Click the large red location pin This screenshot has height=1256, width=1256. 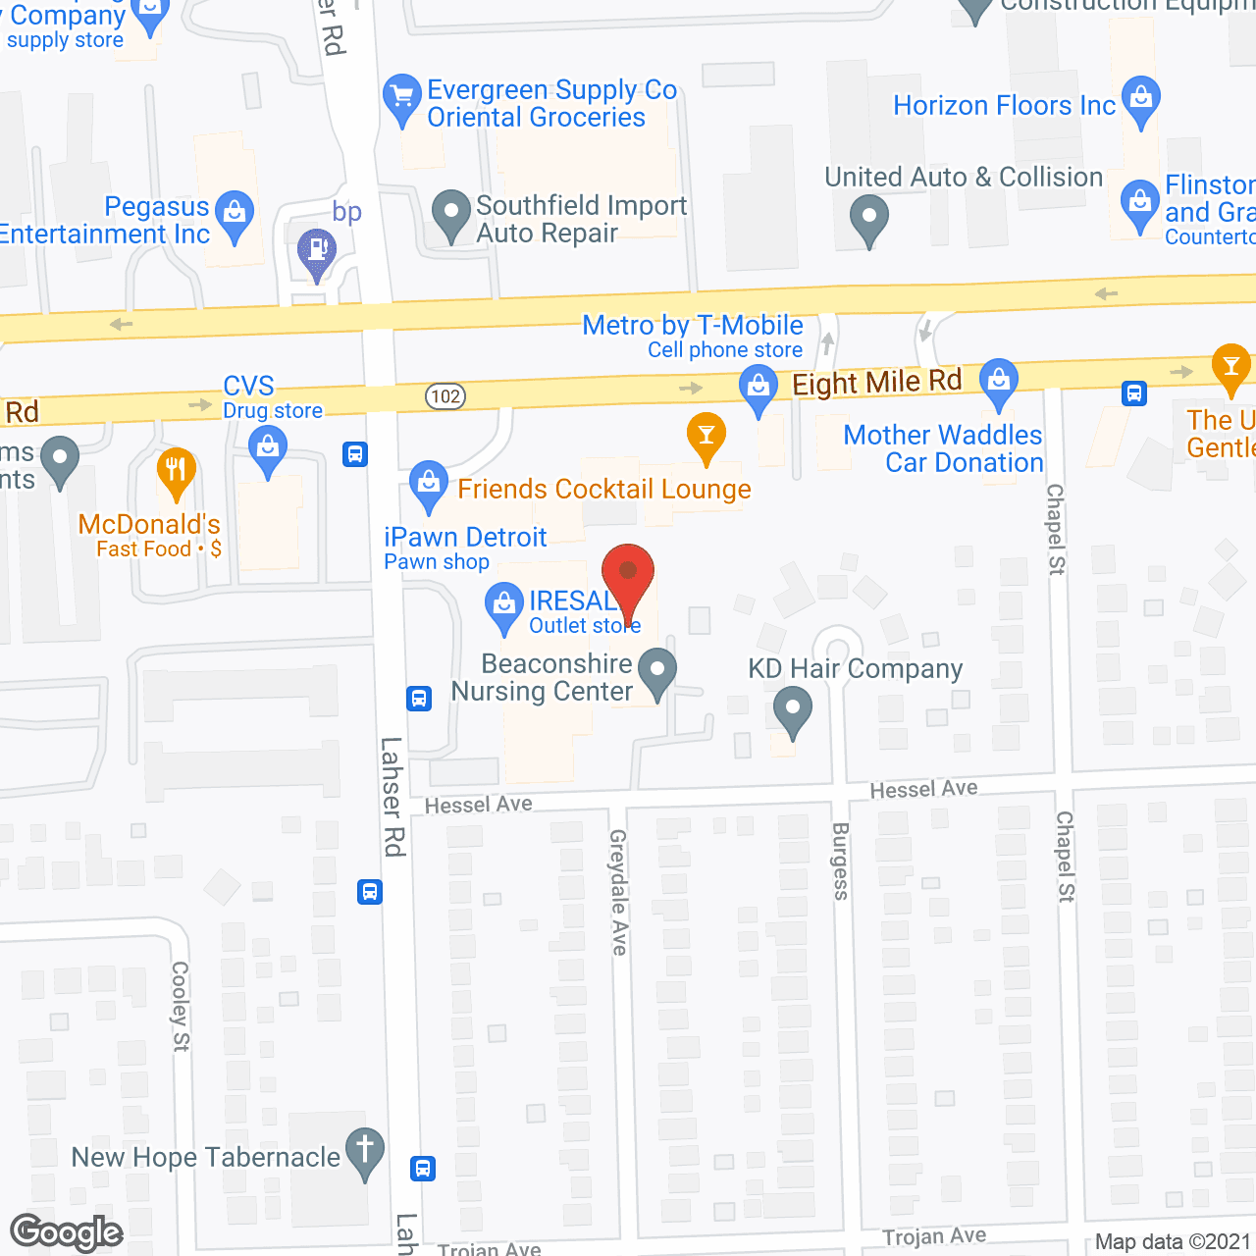627,574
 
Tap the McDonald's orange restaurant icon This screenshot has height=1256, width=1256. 176,470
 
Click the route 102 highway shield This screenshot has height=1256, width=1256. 445,396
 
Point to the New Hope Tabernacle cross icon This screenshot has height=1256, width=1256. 365,1150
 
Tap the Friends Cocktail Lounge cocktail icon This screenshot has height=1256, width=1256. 706,434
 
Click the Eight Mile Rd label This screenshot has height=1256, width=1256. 876,382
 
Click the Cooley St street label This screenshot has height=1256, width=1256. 180,1006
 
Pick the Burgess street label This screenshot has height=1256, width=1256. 841,861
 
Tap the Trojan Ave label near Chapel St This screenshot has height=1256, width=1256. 934,1236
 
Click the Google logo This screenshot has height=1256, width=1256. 67,1232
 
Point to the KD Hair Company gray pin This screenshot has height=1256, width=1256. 792,708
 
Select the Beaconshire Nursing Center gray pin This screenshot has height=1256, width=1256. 657,671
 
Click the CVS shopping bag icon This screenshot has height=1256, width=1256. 267,451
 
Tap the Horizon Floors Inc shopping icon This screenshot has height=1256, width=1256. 1140,99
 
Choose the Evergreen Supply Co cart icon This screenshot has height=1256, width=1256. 401,96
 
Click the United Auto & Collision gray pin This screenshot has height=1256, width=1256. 868,217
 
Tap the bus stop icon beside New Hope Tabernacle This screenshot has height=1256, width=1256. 423,1169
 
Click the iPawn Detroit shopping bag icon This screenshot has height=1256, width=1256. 428,483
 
